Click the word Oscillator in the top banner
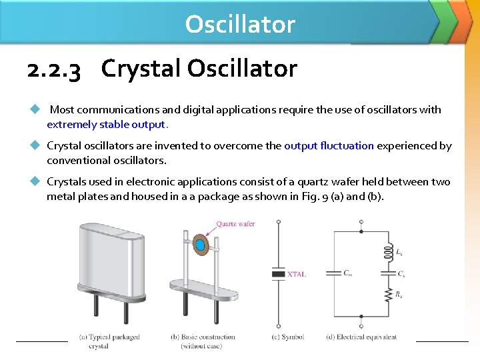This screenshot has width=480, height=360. tap(240, 24)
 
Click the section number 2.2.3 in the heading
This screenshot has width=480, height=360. tap(54, 69)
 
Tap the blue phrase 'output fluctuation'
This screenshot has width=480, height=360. tap(329, 146)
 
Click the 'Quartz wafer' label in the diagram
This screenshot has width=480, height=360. tap(235, 224)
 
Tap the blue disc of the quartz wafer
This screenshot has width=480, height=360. tap(199, 245)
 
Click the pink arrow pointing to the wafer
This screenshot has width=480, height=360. tap(211, 233)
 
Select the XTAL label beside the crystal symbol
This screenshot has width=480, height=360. tap(297, 274)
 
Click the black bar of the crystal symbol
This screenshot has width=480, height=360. tap(279, 273)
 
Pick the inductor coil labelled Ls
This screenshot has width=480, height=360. tap(387, 253)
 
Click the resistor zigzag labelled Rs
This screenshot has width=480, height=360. tap(387, 294)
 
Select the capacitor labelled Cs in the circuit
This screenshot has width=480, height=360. tap(387, 273)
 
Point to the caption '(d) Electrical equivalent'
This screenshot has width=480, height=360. tap(361, 337)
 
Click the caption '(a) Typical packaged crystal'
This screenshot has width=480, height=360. tap(109, 341)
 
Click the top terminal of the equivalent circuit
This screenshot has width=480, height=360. tap(361, 231)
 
